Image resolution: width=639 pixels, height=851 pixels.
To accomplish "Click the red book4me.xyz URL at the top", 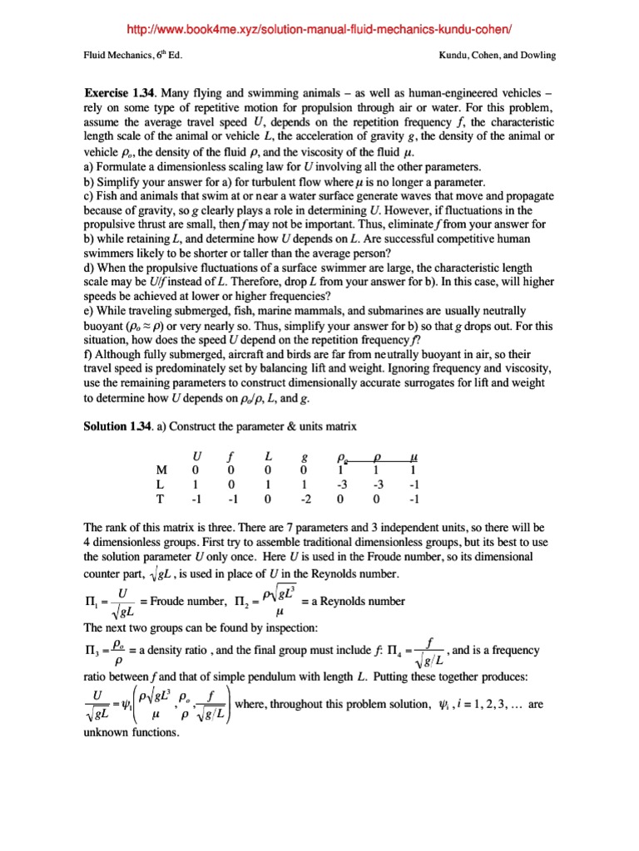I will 319,31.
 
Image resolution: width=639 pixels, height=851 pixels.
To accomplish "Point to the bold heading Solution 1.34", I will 119,426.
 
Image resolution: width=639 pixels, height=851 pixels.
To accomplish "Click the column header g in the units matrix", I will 302,456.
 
